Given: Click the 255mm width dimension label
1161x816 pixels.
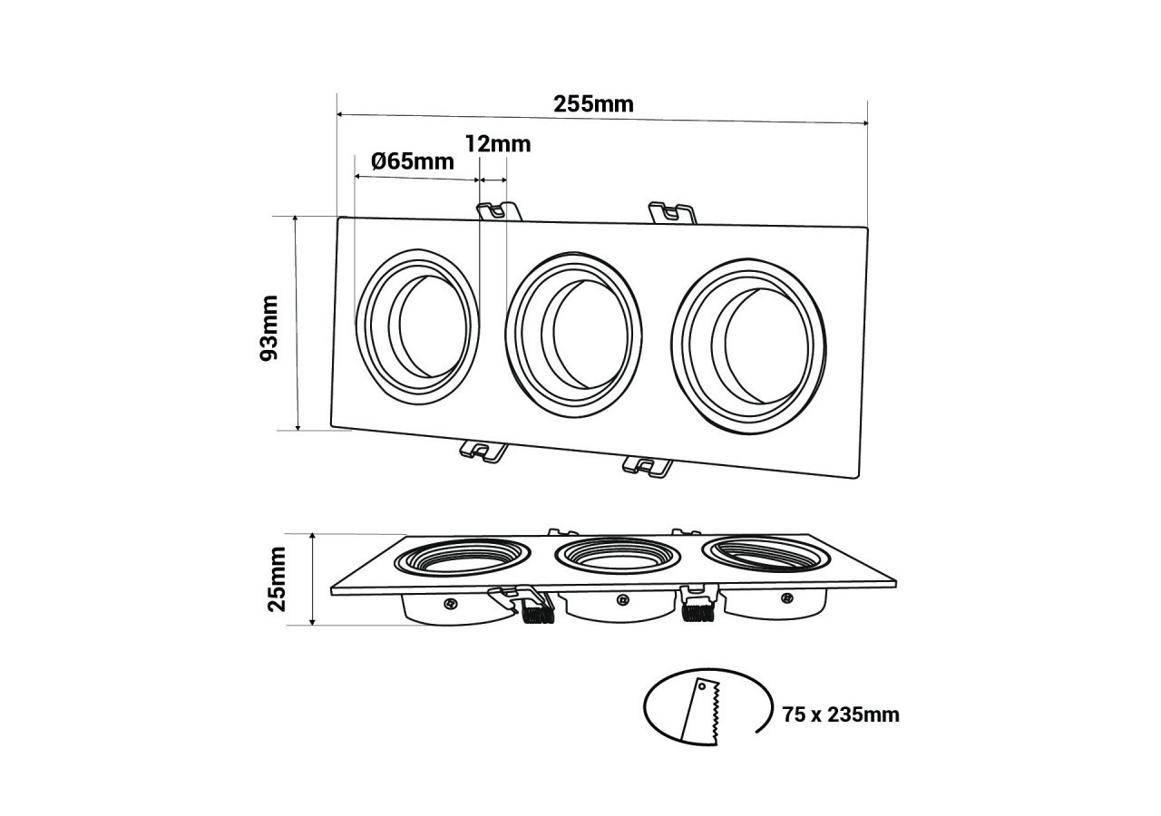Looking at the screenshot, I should coord(593,103).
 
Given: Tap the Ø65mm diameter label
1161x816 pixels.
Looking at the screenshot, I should coord(413,161).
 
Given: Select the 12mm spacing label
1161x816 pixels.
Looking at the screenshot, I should coord(497,143).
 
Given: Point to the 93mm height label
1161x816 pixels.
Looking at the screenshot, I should coord(269,327).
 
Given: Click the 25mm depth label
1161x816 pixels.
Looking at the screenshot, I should coord(277,578).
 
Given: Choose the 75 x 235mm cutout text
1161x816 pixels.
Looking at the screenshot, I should coord(841,714).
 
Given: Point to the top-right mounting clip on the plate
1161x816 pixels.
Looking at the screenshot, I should coord(670,214).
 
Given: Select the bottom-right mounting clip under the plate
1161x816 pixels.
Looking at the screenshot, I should coord(649,466).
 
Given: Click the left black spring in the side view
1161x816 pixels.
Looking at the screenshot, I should coord(537,614).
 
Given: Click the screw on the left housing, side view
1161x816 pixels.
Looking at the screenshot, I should coord(450,602).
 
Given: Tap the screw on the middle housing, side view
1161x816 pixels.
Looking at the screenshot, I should coord(621,599).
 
